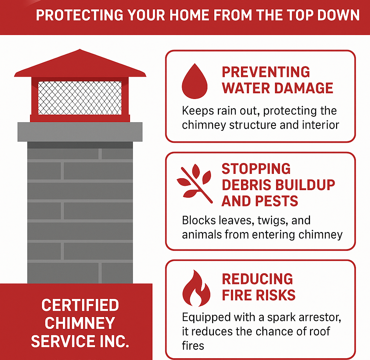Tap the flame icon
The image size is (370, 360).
tap(196, 288)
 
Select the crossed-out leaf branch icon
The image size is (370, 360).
tap(194, 184)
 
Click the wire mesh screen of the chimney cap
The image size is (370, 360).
tap(80, 98)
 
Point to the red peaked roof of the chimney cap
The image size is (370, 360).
tap(80, 64)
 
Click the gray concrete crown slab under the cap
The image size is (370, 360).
tap(80, 132)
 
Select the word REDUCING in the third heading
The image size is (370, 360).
tap(257, 279)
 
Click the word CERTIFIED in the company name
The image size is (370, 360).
tap(80, 305)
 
